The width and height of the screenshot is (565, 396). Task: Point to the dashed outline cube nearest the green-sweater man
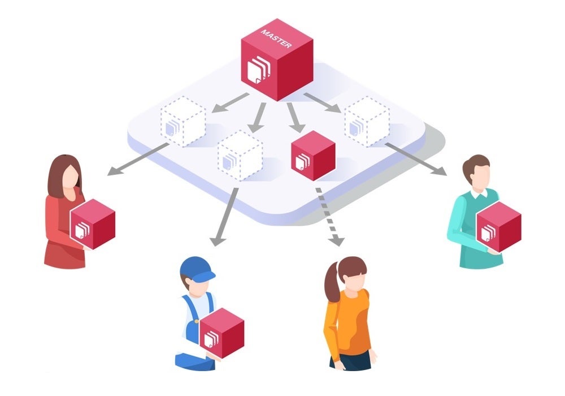pyautogui.click(x=367, y=122)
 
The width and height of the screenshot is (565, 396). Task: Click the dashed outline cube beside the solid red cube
pyautogui.click(x=240, y=154)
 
